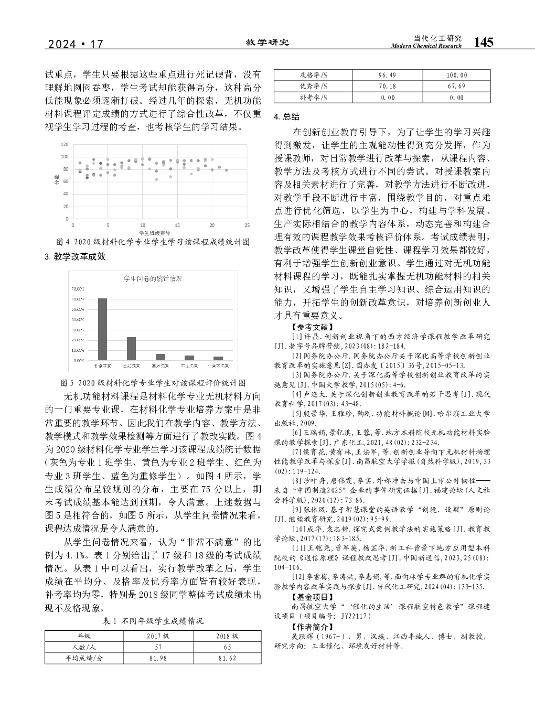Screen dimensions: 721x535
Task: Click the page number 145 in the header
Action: (x=483, y=42)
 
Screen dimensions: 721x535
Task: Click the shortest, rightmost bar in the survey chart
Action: (x=218, y=358)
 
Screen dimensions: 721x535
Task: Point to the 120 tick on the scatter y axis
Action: (x=65, y=144)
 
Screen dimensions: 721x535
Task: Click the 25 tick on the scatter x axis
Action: (x=247, y=225)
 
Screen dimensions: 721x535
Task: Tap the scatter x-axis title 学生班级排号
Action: (x=154, y=232)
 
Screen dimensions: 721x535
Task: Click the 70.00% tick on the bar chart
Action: (x=77, y=288)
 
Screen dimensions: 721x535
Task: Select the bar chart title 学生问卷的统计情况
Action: (x=153, y=278)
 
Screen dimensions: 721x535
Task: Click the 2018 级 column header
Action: (x=227, y=636)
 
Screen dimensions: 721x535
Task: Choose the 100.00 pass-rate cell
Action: (x=456, y=76)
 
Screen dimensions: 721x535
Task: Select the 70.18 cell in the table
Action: (x=387, y=87)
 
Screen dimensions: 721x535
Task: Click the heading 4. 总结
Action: (x=287, y=116)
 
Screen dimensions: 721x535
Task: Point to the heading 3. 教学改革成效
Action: (x=76, y=257)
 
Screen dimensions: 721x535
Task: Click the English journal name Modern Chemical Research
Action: (x=426, y=46)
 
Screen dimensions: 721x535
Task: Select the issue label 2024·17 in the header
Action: (x=76, y=45)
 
